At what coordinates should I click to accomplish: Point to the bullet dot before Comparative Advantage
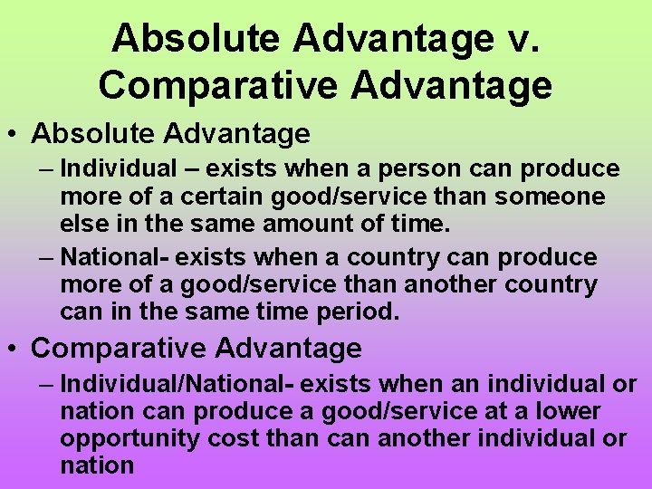[x=15, y=349]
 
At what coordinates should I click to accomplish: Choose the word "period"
[x=357, y=312]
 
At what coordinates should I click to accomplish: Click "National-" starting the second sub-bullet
[x=114, y=257]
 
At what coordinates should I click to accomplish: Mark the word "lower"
[x=568, y=411]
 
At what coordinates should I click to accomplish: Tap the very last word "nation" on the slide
[x=97, y=465]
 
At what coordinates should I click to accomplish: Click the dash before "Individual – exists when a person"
[x=46, y=168]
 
